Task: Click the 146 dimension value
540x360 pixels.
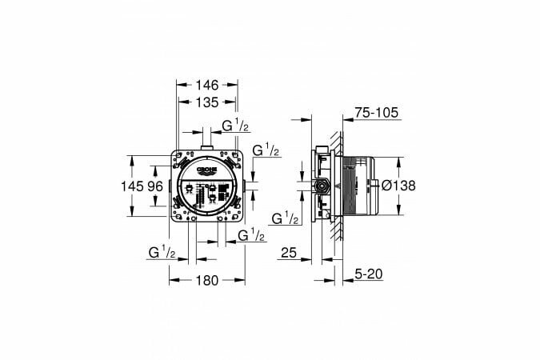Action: pyautogui.click(x=207, y=85)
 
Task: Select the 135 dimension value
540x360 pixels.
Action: pyautogui.click(x=207, y=102)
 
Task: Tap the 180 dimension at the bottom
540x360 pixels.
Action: pyautogui.click(x=207, y=281)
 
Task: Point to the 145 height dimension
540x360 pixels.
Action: pyautogui.click(x=132, y=186)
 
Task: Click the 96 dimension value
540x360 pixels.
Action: pyautogui.click(x=155, y=186)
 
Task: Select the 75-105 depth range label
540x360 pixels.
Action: pyautogui.click(x=377, y=113)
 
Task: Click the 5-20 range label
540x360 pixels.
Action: pyautogui.click(x=369, y=274)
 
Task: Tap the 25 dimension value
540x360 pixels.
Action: pyautogui.click(x=289, y=253)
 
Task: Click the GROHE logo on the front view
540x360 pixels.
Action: pyautogui.click(x=206, y=170)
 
